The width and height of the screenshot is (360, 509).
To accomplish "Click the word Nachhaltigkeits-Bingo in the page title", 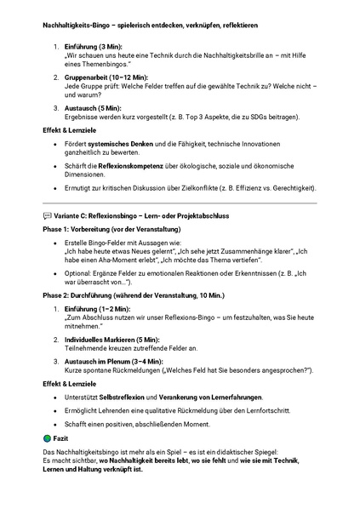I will click(x=77, y=26).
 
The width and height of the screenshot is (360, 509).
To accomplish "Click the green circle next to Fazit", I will click(x=47, y=438).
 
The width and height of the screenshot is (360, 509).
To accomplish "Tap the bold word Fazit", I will click(x=60, y=438).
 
